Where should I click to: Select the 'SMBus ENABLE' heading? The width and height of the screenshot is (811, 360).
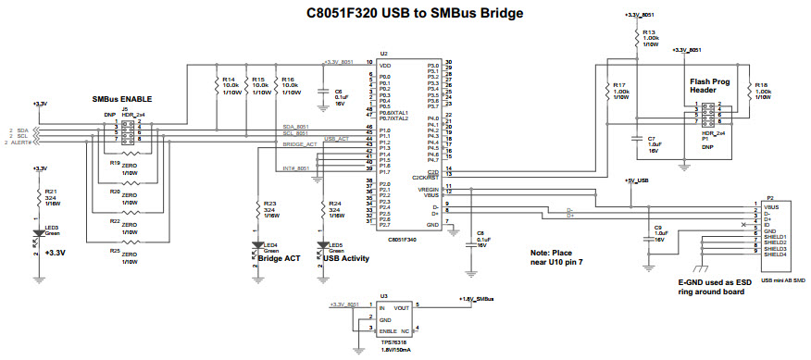point(122,99)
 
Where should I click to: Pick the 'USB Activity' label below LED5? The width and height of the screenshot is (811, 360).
point(343,259)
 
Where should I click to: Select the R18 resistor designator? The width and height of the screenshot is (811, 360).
point(762,84)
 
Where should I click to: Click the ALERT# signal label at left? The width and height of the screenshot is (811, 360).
point(20,143)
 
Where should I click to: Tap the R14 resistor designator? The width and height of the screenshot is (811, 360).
point(229,80)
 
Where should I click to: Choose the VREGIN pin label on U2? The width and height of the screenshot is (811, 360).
point(427,188)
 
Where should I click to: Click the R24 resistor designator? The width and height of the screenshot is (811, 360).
point(335,204)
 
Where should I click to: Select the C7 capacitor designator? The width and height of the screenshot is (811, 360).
point(652,138)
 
